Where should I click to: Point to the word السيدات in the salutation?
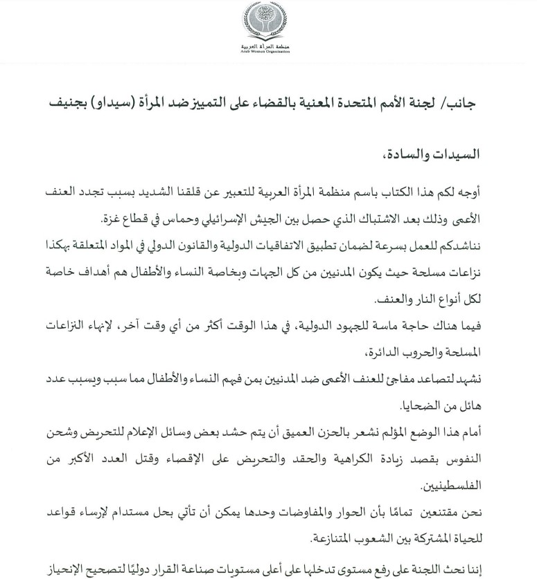(x=484, y=153)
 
